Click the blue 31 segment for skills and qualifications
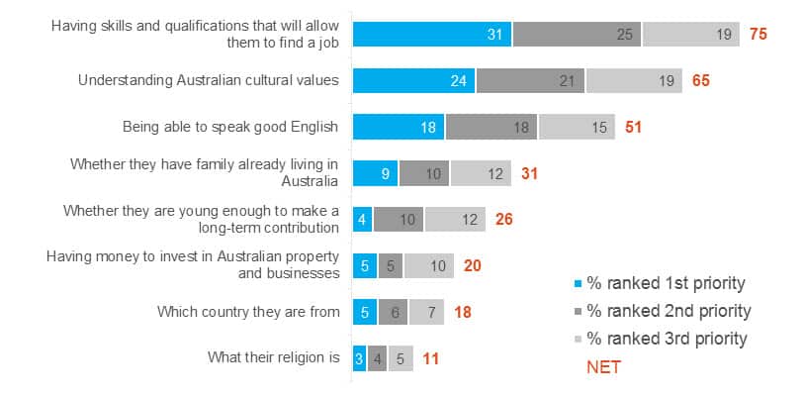tap(432, 34)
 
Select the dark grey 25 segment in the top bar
tap(577, 34)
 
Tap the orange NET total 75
tap(759, 34)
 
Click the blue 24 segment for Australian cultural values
tap(413, 80)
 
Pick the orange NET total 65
tap(700, 80)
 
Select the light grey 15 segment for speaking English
tap(577, 127)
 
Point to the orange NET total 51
tap(634, 127)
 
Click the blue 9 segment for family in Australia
tap(376, 173)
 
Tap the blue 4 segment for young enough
tap(363, 220)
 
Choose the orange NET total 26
tap(503, 220)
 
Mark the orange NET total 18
tap(463, 312)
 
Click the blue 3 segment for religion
tap(359, 358)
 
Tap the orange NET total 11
tap(430, 358)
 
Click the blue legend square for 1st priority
tap(577, 283)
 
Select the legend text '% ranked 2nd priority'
tap(670, 311)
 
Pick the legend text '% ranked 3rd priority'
tap(668, 339)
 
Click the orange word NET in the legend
tap(603, 367)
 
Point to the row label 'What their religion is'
tap(273, 358)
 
